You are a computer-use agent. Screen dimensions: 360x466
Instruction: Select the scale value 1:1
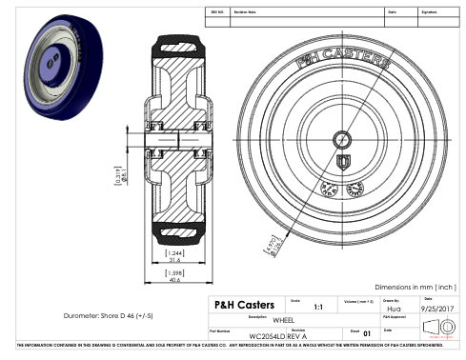pyautogui.click(x=317, y=308)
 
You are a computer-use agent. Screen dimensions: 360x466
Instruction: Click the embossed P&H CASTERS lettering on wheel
pyautogui.click(x=342, y=59)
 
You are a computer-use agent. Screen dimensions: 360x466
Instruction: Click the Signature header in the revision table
pyautogui.click(x=432, y=13)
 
